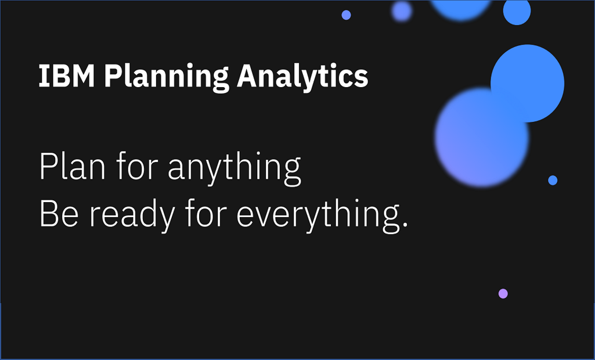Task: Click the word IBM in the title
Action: pyautogui.click(x=67, y=76)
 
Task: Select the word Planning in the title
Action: pyautogui.click(x=167, y=78)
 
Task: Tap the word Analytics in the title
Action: pyautogui.click(x=302, y=78)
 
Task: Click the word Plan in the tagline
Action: pyautogui.click(x=72, y=166)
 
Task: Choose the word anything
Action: pyautogui.click(x=235, y=169)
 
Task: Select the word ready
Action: pyautogui.click(x=132, y=217)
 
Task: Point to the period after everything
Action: pyautogui.click(x=405, y=224)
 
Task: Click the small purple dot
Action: pyautogui.click(x=503, y=294)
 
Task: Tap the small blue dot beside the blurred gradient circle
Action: pyautogui.click(x=553, y=181)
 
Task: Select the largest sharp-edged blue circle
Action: pyautogui.click(x=528, y=84)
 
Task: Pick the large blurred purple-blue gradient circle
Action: pyautogui.click(x=482, y=138)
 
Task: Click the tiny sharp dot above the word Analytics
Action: pyautogui.click(x=346, y=15)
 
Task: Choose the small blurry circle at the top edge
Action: pyautogui.click(x=402, y=12)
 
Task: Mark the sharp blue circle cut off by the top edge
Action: pyautogui.click(x=517, y=12)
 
